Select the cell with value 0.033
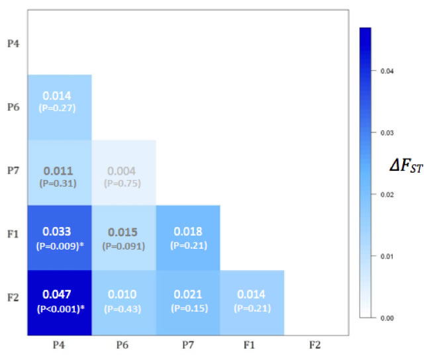[x=59, y=238]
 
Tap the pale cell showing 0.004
[x=123, y=173]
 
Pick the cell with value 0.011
[x=59, y=173]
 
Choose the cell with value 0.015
[x=123, y=238]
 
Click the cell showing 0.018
[x=187, y=238]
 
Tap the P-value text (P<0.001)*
[x=59, y=309]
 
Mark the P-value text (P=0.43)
[x=123, y=308]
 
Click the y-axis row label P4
[x=13, y=44]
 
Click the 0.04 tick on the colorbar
[x=388, y=71]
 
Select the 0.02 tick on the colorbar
[x=388, y=195]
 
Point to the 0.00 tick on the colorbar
[x=388, y=318]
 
